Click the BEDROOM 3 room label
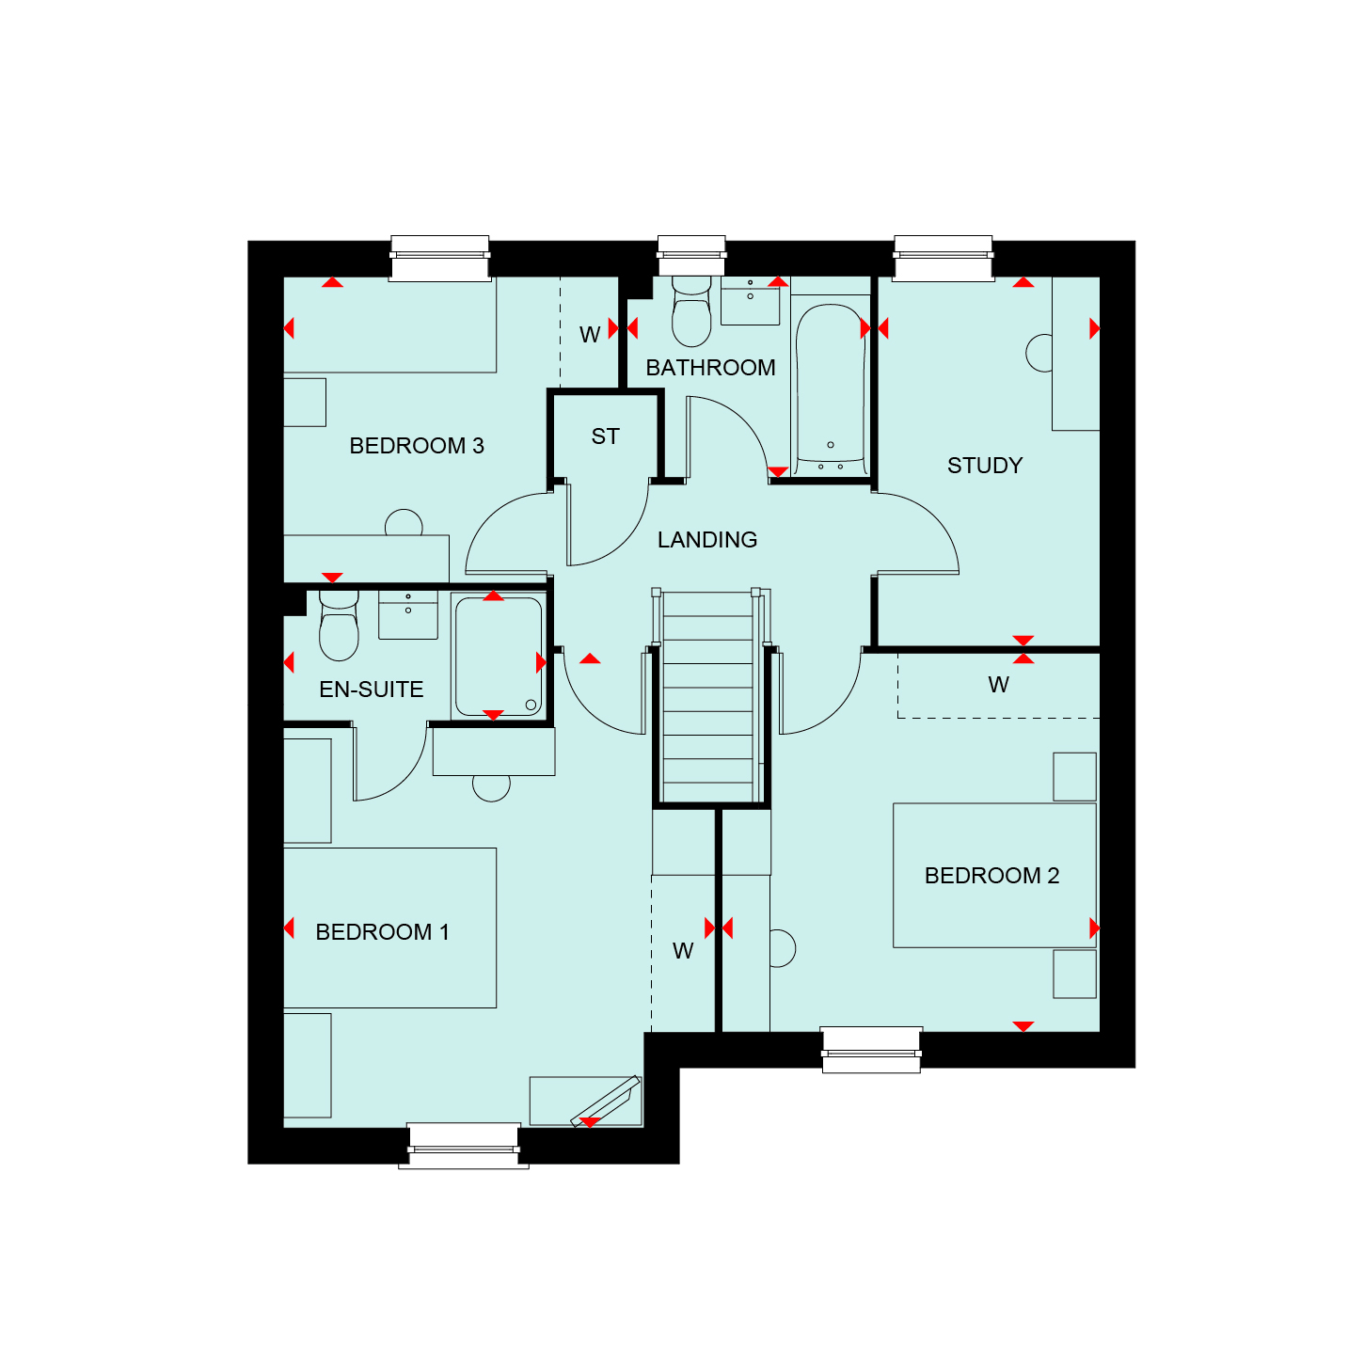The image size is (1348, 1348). tap(416, 446)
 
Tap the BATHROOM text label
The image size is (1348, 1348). tap(710, 367)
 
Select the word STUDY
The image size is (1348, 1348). tap(984, 466)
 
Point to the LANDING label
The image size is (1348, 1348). tap(707, 539)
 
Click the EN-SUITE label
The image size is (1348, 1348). tap(371, 689)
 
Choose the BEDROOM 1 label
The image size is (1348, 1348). tap(382, 932)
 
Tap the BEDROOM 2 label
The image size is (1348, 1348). tap(991, 875)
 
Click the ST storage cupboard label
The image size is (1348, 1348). tap(605, 436)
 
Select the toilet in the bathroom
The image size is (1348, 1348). tap(691, 311)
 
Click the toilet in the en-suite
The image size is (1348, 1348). tap(339, 626)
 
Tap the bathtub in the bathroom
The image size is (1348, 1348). tap(831, 389)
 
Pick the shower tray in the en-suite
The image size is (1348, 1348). tap(498, 657)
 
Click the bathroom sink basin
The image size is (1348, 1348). tap(750, 301)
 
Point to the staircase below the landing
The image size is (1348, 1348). tap(708, 697)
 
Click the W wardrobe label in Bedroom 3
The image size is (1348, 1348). tap(590, 335)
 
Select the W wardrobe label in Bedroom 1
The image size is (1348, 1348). tap(683, 951)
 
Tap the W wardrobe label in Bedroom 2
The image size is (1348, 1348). tap(998, 684)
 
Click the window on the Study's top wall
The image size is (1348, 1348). tap(943, 259)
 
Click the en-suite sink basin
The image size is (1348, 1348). tap(408, 615)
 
